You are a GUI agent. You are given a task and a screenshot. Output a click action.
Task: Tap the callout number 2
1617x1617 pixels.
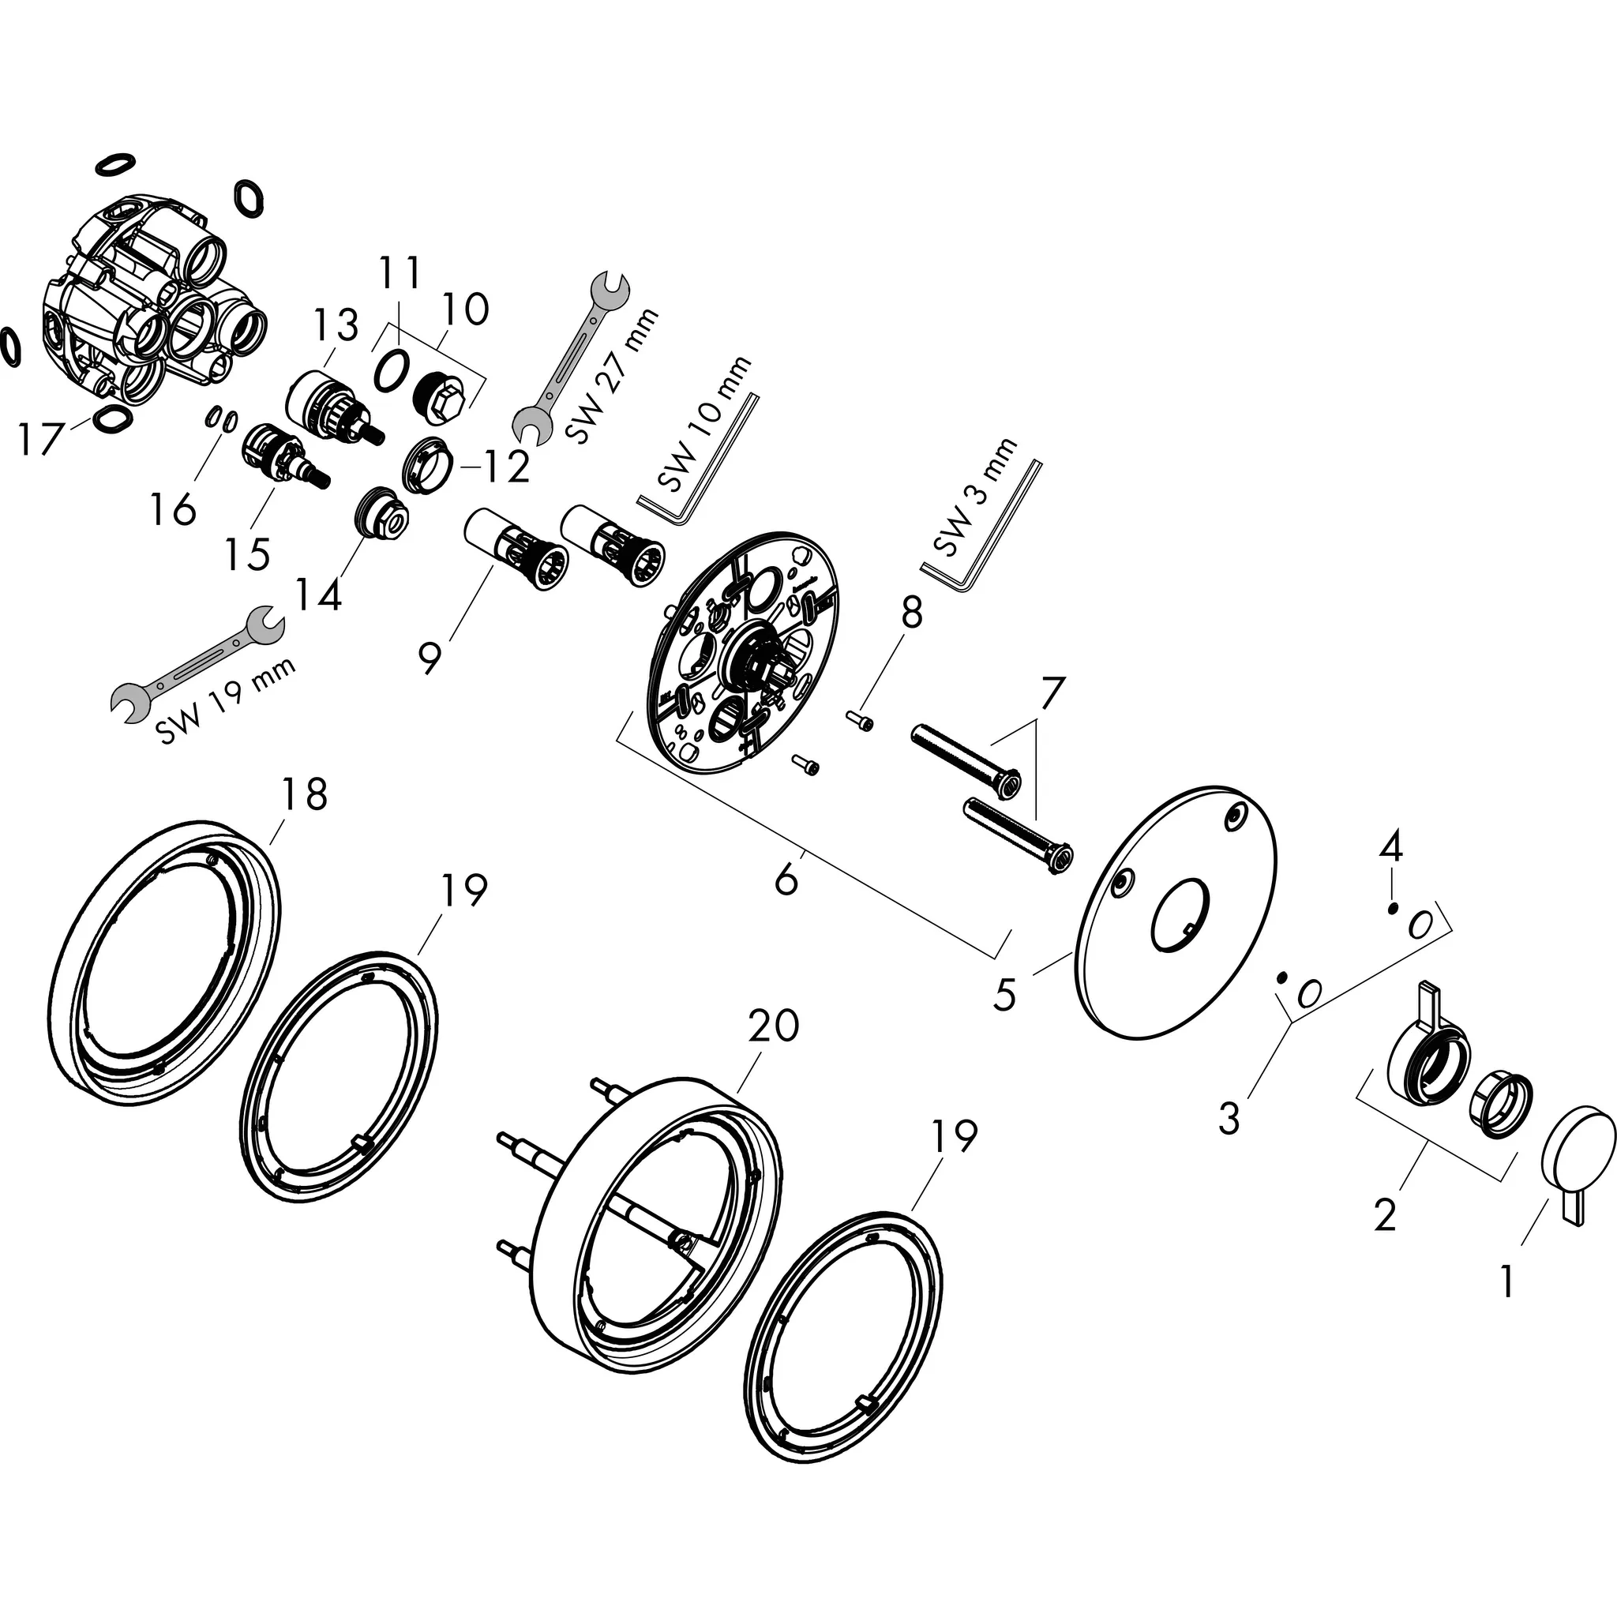pyautogui.click(x=1385, y=1214)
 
